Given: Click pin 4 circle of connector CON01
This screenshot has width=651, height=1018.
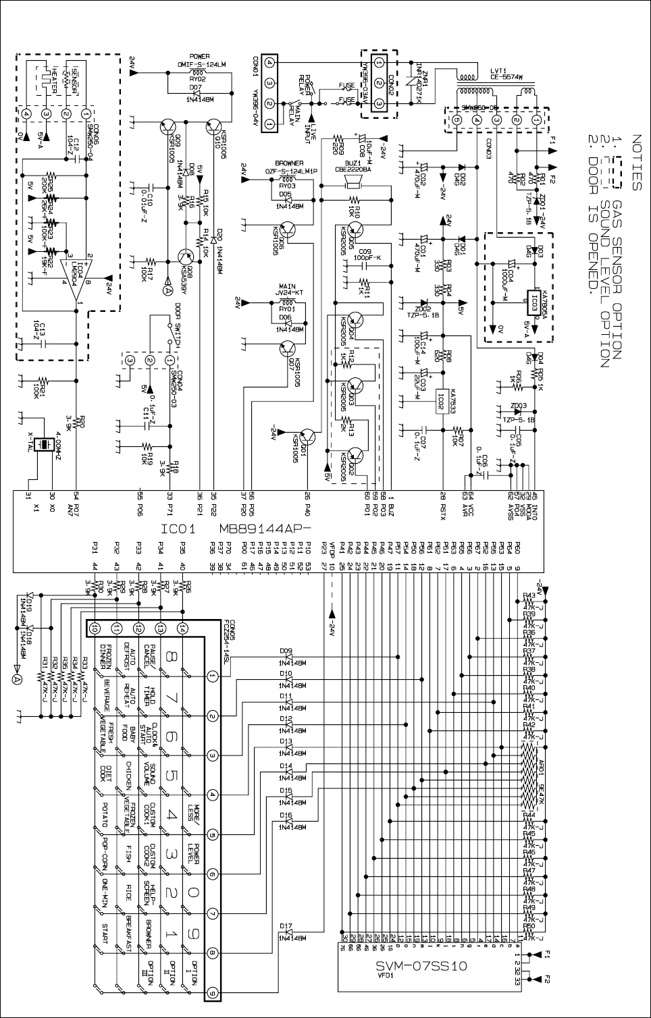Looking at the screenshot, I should [x=269, y=63].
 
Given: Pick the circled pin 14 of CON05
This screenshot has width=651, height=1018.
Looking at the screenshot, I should [x=182, y=628].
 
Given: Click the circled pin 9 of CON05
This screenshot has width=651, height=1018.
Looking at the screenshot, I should [x=213, y=993].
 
